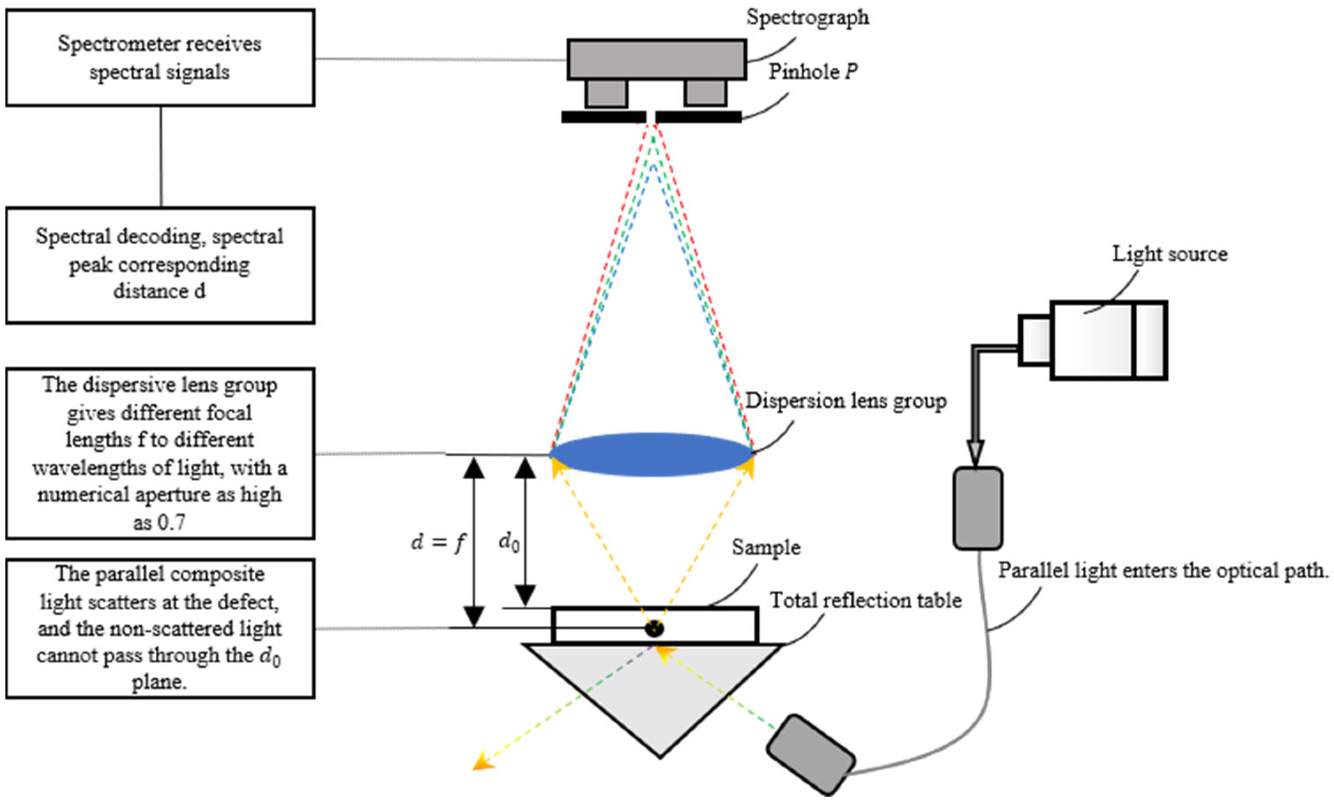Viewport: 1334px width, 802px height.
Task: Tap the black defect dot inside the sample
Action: (654, 628)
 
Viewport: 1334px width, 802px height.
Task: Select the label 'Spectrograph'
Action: (807, 17)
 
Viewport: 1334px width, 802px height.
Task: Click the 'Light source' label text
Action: (1169, 254)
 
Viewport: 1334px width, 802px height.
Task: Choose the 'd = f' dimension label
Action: (437, 542)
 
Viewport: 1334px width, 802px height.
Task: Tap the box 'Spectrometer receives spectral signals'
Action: (160, 58)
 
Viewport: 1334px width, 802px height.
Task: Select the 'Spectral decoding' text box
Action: (160, 265)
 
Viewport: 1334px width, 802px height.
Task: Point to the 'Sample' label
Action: (766, 547)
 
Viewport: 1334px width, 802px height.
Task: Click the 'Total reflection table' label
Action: (865, 601)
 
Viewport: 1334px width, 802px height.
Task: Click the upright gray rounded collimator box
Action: (978, 509)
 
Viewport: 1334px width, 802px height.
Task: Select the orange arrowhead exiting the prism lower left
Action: (481, 764)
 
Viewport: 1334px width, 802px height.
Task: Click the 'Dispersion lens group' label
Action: (845, 401)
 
